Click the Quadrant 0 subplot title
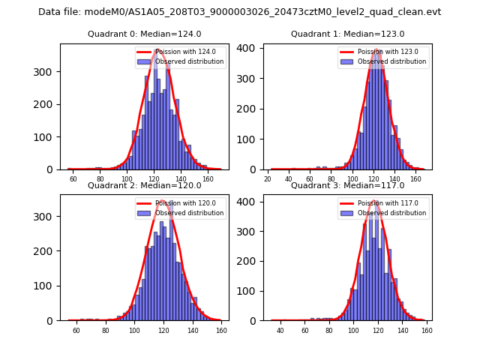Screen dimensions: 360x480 [x=144, y=34]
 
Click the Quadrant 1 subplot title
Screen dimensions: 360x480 [x=347, y=34]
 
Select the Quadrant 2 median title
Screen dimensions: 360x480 [x=144, y=185]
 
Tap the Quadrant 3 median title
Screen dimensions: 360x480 [x=347, y=185]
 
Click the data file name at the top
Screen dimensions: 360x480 [x=240, y=12]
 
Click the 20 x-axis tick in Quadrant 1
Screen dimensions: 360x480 [x=268, y=179]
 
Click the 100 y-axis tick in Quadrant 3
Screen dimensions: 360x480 [x=250, y=291]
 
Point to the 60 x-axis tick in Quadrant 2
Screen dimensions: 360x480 [x=76, y=331]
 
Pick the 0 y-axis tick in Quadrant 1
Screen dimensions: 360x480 [x=256, y=169]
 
